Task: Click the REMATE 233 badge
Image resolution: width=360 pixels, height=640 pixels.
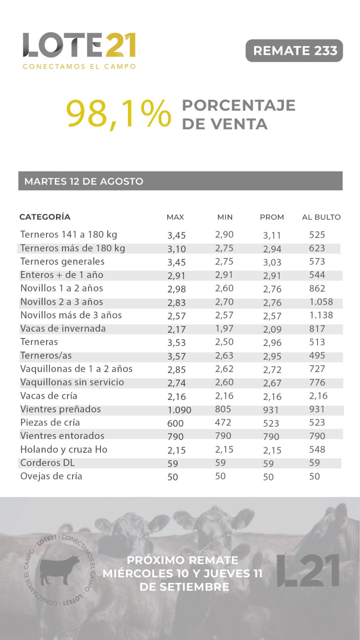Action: point(294,50)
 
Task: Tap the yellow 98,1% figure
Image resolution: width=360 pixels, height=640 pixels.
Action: point(118,114)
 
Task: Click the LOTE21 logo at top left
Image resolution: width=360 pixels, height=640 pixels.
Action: point(79,50)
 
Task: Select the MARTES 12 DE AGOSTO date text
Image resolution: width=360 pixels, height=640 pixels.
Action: point(84,181)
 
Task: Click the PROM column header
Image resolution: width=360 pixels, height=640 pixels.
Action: point(272,217)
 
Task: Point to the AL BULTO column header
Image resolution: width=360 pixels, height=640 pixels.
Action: point(322,217)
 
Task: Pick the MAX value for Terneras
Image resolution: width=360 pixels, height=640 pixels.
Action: point(176,342)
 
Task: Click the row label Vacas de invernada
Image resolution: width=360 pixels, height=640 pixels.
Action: point(63,328)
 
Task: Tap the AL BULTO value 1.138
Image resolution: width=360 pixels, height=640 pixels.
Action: point(321,315)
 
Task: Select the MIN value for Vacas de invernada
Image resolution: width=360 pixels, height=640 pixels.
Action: point(224,328)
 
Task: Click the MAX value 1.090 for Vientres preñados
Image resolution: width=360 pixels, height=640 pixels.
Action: point(179,410)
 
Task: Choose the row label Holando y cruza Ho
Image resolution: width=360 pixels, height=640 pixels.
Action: point(64,450)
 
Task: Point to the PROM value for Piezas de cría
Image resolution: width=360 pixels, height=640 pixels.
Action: point(271,423)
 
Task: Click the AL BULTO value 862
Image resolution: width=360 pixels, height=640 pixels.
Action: point(317,288)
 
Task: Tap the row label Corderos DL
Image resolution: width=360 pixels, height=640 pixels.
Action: point(48,462)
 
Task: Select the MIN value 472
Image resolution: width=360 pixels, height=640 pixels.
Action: point(223,422)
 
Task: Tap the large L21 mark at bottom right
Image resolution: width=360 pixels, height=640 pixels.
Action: point(308,570)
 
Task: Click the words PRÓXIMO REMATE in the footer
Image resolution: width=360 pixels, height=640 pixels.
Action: point(182,560)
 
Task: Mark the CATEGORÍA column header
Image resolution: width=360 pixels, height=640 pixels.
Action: point(45,216)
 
